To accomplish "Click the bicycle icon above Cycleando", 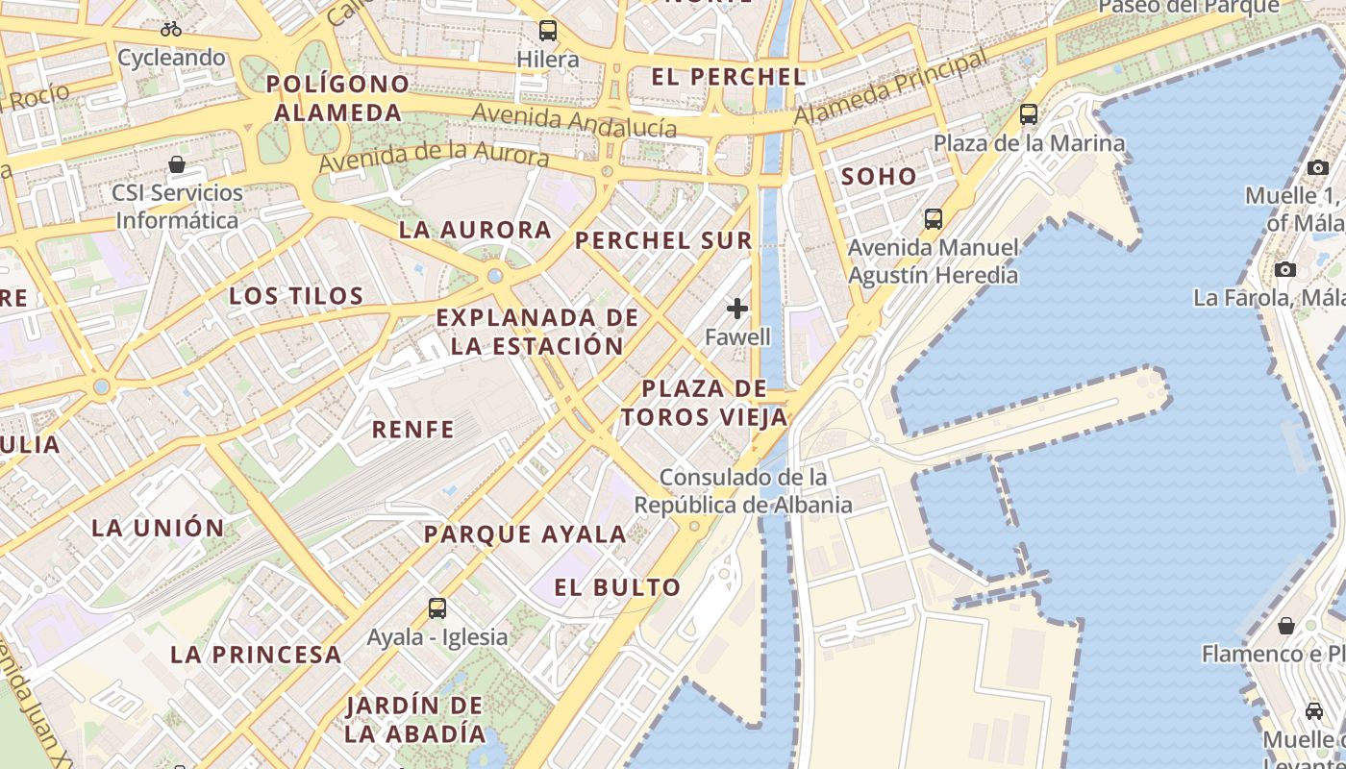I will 171,29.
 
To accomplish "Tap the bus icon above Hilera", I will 548,31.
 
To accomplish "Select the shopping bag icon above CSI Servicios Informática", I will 177,164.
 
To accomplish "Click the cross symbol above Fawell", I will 737,309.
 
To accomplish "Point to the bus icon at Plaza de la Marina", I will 1029,114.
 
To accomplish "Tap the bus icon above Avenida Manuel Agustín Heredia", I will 933,218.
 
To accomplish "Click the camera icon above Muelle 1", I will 1318,167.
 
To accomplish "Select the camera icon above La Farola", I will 1285,269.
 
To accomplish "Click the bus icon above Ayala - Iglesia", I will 437,608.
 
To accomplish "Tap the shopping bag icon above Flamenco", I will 1286,626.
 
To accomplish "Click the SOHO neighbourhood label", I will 879,176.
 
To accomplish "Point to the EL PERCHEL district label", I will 728,77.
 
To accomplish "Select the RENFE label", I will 412,430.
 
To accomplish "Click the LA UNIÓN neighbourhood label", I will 158,527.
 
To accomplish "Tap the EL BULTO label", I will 617,586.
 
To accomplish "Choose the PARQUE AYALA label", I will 525,533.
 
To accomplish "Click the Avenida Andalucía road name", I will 574,121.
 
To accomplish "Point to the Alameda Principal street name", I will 891,87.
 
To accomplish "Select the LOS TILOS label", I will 296,295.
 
